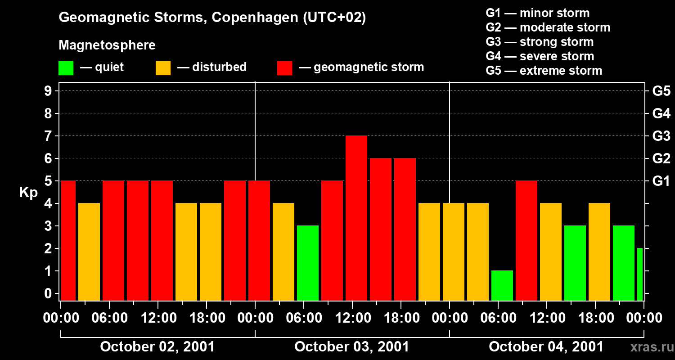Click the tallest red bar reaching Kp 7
pyautogui.click(x=356, y=218)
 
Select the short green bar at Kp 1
pyautogui.click(x=502, y=285)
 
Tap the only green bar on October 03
pyautogui.click(x=308, y=263)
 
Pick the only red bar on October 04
pyautogui.click(x=526, y=240)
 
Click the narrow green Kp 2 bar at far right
pyautogui.click(x=640, y=274)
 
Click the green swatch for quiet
pyautogui.click(x=66, y=68)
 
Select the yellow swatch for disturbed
pyautogui.click(x=163, y=68)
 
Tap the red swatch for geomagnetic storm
pyautogui.click(x=284, y=68)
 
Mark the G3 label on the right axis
pyautogui.click(x=661, y=136)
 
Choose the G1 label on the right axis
pyautogui.click(x=661, y=181)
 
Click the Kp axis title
pyautogui.click(x=28, y=192)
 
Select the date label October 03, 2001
pyautogui.click(x=352, y=347)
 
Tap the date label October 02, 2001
pyautogui.click(x=157, y=347)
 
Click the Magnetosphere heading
pyautogui.click(x=107, y=45)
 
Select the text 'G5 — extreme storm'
pyautogui.click(x=544, y=71)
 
